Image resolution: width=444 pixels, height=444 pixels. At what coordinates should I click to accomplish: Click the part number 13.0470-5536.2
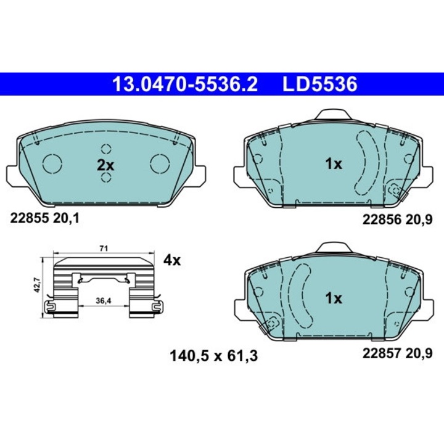coord(184,84)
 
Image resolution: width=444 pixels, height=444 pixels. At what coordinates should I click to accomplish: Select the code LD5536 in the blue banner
coord(319,84)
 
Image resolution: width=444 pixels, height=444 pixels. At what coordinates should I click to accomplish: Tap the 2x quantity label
coord(105,165)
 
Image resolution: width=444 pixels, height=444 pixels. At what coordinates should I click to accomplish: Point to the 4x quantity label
coord(172,260)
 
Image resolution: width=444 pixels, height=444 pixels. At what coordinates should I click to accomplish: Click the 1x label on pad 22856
coord(333,163)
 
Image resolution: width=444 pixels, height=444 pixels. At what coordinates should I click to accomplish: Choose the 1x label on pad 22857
coord(333,298)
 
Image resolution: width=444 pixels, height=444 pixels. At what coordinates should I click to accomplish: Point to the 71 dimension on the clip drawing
coord(104,248)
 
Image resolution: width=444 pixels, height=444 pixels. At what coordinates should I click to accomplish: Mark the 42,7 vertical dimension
coord(38,285)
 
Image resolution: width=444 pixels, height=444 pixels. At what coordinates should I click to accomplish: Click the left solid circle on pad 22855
coord(52,163)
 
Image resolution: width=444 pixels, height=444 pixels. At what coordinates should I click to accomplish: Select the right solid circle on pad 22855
coord(160,163)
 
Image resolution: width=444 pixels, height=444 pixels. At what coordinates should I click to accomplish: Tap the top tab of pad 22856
coord(333,115)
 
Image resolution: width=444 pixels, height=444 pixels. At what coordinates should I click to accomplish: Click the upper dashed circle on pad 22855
coord(106,149)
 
